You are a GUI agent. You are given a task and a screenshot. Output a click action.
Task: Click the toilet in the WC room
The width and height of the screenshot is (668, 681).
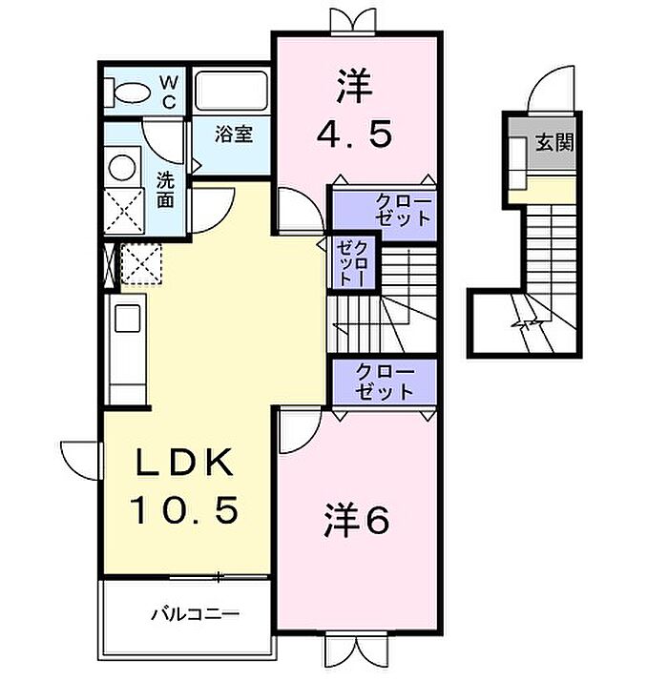128,92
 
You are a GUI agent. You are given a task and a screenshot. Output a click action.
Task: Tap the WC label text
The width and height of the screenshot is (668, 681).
169,92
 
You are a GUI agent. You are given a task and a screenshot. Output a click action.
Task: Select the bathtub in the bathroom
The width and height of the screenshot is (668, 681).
231,92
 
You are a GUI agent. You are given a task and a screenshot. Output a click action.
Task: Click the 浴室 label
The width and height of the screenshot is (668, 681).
234,134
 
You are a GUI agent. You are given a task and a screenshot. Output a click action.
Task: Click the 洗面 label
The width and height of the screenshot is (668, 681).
165,190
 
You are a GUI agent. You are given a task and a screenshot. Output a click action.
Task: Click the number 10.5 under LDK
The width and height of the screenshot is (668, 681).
185,509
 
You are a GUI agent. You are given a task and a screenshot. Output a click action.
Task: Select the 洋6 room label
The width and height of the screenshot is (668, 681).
356,521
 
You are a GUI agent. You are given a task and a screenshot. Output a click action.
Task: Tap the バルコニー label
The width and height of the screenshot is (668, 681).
196,614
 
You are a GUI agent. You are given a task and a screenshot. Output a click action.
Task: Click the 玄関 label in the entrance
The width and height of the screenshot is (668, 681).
554,142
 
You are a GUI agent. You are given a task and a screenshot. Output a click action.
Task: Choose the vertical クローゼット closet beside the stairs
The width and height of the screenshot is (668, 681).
353,264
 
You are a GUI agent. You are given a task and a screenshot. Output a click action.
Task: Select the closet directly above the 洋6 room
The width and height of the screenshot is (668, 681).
385,382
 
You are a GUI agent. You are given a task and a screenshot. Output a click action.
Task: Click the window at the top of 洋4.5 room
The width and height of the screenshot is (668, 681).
352,23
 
